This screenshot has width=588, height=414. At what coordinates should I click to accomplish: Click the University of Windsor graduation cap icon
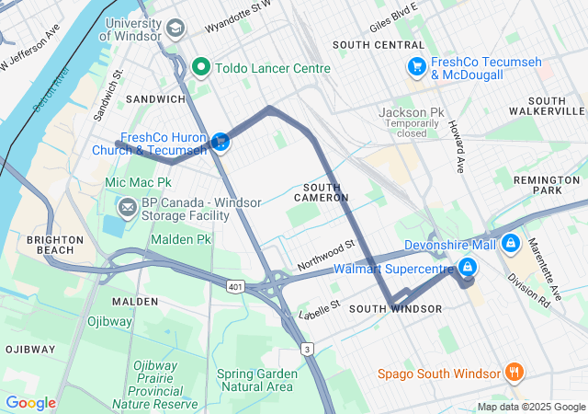pyautogui.click(x=175, y=28)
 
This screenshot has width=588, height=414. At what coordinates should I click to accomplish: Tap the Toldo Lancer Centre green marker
pyautogui.click(x=202, y=67)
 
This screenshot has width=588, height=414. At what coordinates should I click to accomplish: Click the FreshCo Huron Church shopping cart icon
pyautogui.click(x=220, y=142)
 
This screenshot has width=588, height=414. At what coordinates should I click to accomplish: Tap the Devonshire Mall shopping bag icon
pyautogui.click(x=511, y=245)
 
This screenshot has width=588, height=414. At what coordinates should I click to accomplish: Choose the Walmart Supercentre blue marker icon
pyautogui.click(x=468, y=268)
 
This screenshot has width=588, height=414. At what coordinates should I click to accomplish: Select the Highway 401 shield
pyautogui.click(x=236, y=287)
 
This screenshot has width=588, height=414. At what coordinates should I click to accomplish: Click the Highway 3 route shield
pyautogui.click(x=308, y=348)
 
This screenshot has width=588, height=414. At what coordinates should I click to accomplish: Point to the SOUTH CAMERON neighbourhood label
pyautogui.click(x=321, y=192)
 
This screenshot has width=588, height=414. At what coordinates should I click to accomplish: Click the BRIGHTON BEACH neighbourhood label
pyautogui.click(x=55, y=245)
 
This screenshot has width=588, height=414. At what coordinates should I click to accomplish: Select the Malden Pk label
pyautogui.click(x=180, y=239)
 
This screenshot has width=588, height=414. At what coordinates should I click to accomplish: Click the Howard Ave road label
pyautogui.click(x=457, y=144)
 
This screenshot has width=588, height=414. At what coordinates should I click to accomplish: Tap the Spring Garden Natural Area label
pyautogui.click(x=256, y=380)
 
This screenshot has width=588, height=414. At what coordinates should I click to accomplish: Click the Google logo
pyautogui.click(x=30, y=403)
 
